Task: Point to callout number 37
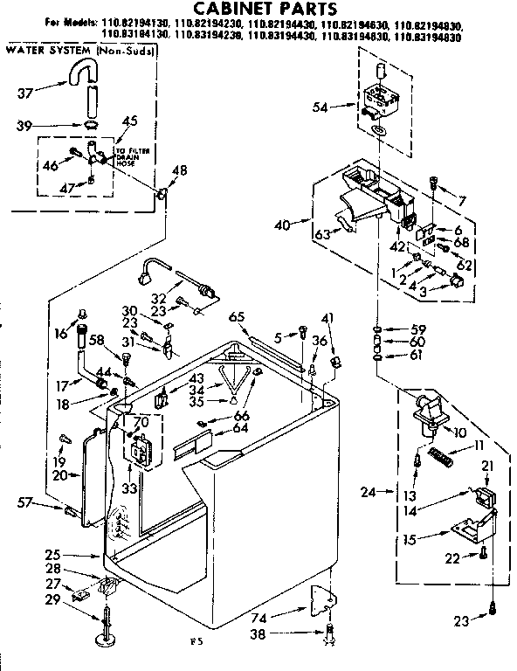(25, 93)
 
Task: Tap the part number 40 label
(280, 225)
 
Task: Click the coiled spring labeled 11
(445, 454)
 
